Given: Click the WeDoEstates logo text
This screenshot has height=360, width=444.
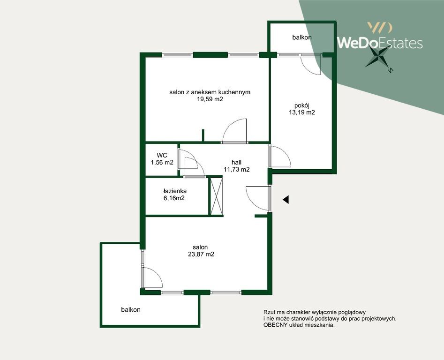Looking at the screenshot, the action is click(380, 43).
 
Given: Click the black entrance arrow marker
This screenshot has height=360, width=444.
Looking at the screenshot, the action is click(286, 200).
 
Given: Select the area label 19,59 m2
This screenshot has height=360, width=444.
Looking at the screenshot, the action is click(210, 99).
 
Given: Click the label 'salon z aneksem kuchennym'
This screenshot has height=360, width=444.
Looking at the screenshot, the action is click(210, 92).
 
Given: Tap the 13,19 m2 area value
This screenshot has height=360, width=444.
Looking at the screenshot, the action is click(302, 112).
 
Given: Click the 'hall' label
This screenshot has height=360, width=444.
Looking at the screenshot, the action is click(236, 162).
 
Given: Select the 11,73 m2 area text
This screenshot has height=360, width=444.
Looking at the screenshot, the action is click(236, 170).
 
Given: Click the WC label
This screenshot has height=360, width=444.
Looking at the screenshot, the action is click(162, 155).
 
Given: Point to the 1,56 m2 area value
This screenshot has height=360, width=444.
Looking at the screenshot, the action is click(162, 163).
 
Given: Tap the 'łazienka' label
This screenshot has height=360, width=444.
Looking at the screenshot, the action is click(175, 191).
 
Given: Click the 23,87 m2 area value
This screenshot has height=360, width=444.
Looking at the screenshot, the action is click(201, 254).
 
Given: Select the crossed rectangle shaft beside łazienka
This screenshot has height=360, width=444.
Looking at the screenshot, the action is click(216, 196).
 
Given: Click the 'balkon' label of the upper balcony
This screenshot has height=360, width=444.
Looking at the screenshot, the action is click(302, 37).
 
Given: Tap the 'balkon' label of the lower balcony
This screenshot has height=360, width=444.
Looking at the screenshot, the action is click(131, 310).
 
